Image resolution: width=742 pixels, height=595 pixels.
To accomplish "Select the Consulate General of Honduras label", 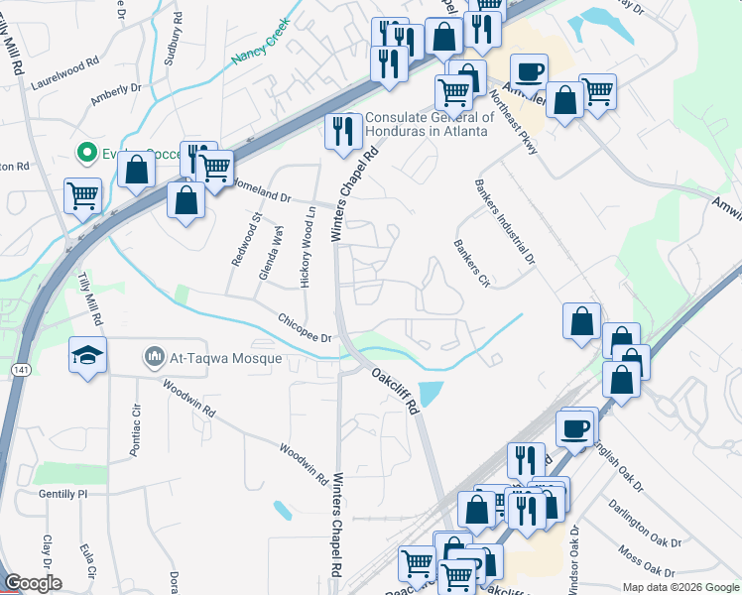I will coord(428,124).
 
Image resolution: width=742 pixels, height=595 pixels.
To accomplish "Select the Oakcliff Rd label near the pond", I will coord(396,390).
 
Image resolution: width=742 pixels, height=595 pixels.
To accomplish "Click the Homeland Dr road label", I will coord(259,190).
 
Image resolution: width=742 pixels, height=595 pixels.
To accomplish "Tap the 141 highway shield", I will coord(21,369).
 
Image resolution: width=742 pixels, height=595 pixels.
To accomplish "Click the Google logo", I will coord(32,582).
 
